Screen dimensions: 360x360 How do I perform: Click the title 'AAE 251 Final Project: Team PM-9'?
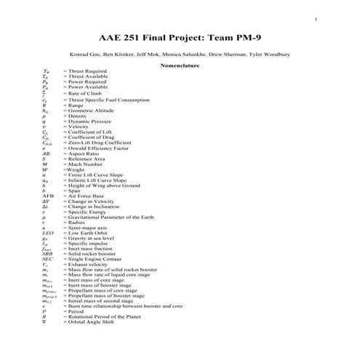pos(179,36)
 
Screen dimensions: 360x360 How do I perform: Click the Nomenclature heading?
pos(180,65)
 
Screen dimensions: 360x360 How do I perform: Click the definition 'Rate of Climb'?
pos(84,95)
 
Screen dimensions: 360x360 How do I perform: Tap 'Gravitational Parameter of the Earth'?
pos(108,217)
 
